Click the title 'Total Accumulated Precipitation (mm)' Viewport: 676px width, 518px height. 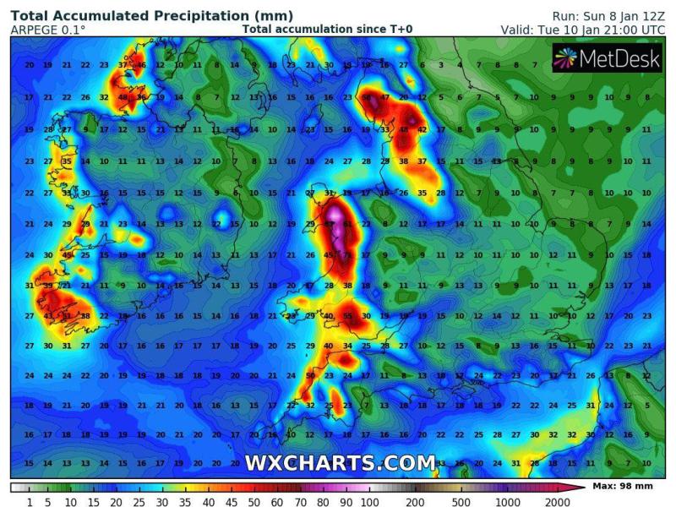tap(153, 16)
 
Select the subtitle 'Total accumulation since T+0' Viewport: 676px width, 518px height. tap(327, 30)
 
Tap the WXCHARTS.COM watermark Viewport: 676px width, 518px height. tap(340, 462)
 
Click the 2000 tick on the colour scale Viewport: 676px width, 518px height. tap(558, 503)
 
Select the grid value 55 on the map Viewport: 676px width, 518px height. tap(347, 316)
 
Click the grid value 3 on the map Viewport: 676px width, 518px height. tap(441, 65)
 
